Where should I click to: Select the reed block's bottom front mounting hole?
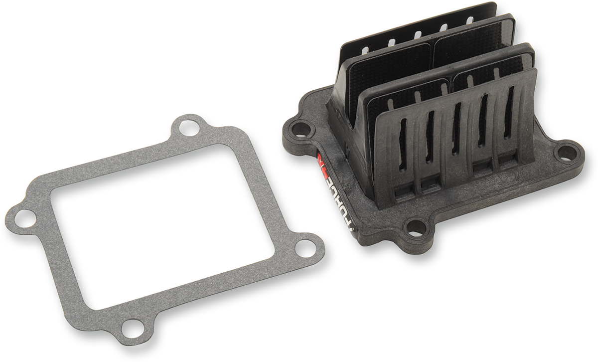pos(415,228)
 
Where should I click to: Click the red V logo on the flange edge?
pos(321,161)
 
